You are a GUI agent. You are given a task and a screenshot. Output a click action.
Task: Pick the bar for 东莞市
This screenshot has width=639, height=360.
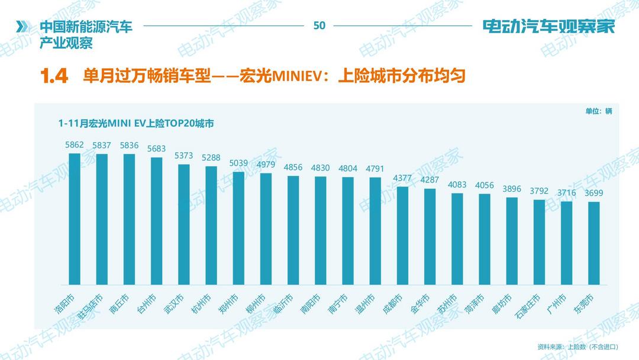point(594,245)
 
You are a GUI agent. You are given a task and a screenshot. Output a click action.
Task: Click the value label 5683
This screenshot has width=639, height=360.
point(156,149)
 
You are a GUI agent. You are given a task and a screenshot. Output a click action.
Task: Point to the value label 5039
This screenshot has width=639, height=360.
point(238,163)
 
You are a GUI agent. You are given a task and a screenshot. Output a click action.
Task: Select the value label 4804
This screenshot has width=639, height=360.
point(348,169)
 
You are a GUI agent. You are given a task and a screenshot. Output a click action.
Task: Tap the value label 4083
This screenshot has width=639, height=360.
point(457,185)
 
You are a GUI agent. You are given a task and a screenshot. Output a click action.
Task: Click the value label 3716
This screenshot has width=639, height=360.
point(567,193)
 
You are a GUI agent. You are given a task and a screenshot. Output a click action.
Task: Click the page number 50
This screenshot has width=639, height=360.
point(319,25)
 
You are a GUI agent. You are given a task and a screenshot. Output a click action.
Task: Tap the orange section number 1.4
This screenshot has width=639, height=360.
point(54,76)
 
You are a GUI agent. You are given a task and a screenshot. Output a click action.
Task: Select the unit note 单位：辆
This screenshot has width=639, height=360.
point(599,111)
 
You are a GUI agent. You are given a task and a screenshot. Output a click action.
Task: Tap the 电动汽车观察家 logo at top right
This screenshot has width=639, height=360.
point(548,27)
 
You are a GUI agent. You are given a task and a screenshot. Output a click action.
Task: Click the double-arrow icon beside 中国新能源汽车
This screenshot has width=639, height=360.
point(22,27)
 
